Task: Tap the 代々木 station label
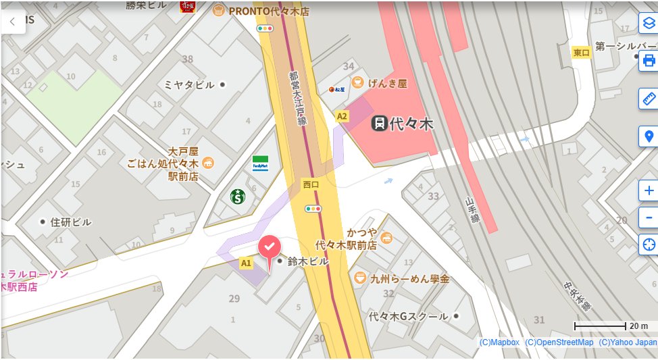pos(403,124)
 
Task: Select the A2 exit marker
pos(342,116)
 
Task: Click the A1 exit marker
pos(246,262)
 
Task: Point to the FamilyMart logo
pos(260,163)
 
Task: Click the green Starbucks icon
pos(237,197)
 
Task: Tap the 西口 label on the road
pos(311,184)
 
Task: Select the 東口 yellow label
pos(581,53)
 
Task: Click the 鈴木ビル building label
pos(307,261)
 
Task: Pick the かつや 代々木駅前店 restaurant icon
pos(386,237)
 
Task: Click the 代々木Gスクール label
pos(408,316)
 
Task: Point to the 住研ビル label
pos(70,222)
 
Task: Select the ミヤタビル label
pos(189,84)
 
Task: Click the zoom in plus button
pos(649,190)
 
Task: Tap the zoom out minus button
pos(649,217)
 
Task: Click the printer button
pos(649,60)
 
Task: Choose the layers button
pos(649,22)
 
